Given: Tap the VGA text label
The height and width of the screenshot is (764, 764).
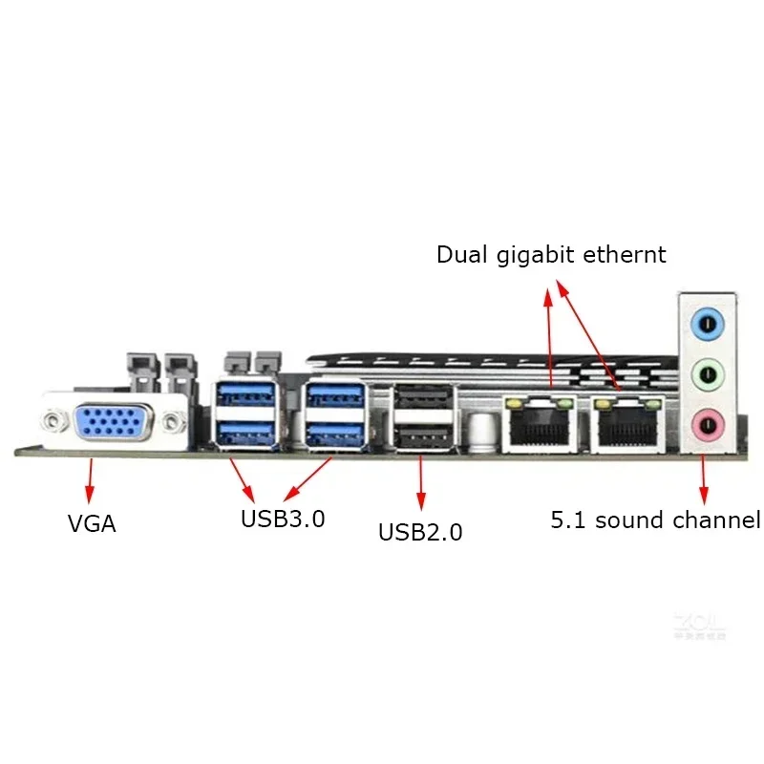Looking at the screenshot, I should pos(93,523).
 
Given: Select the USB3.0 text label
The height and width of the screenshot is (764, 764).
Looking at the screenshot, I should pos(283,520).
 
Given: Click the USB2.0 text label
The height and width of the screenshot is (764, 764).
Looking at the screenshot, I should pos(420,532).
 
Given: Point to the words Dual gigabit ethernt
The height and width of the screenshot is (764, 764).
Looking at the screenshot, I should pos(551,255).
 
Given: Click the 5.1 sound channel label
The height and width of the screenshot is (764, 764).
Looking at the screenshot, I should pos(655,520).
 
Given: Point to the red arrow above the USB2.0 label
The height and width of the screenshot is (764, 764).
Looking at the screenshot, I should pos(420,487).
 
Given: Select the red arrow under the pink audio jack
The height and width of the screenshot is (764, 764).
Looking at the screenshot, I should pos(704,479).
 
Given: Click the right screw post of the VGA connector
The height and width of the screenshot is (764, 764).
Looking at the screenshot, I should pos(172,420).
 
